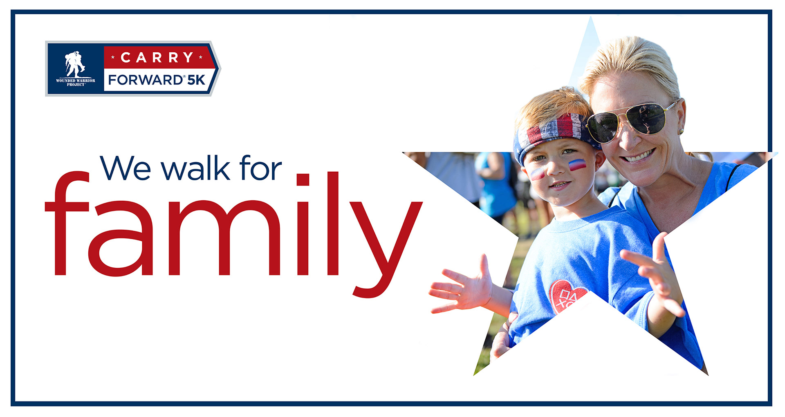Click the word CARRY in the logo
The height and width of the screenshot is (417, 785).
click(x=157, y=58)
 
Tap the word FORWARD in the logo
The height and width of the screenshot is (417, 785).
click(x=145, y=80)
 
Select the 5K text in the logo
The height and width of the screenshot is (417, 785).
click(x=196, y=80)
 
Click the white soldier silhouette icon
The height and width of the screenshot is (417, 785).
click(x=75, y=64)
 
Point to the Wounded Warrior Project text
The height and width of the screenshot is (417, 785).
click(x=75, y=82)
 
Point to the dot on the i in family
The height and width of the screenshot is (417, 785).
click(x=303, y=179)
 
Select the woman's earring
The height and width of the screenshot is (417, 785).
click(x=681, y=131)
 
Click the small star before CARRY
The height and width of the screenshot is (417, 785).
click(x=113, y=58)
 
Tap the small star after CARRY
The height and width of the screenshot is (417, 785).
click(x=201, y=58)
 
